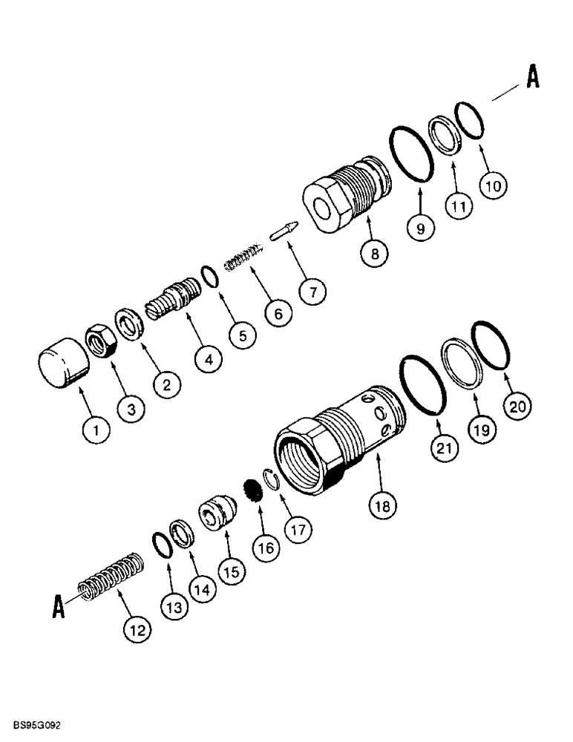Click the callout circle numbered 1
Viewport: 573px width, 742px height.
point(96,428)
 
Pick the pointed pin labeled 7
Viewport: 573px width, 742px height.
point(286,231)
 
